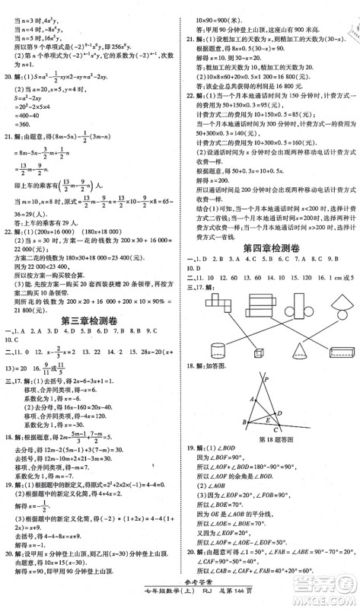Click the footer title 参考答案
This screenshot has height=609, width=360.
(x=180, y=588)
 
